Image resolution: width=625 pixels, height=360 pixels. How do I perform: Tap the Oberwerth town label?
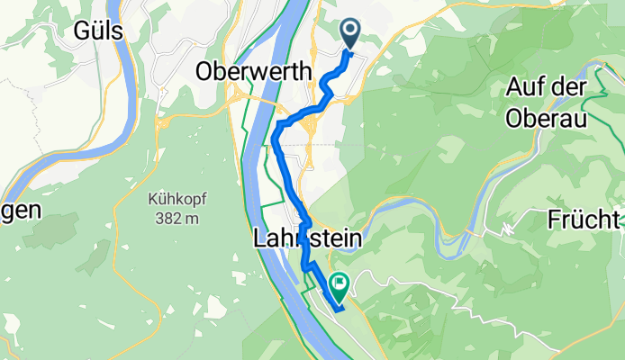point(254,71)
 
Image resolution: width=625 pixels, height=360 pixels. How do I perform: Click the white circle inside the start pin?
point(350,31)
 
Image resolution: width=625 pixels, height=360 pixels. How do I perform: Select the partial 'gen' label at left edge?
point(20,211)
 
